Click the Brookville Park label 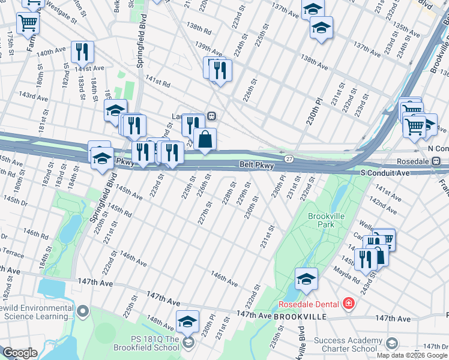coord(324,220)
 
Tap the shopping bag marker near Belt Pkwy coord(205,140)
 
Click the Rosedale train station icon coord(436,161)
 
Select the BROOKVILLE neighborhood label coord(300,316)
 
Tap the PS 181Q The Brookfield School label coord(154,343)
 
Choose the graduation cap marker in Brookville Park coord(306,279)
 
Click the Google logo coord(20,353)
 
